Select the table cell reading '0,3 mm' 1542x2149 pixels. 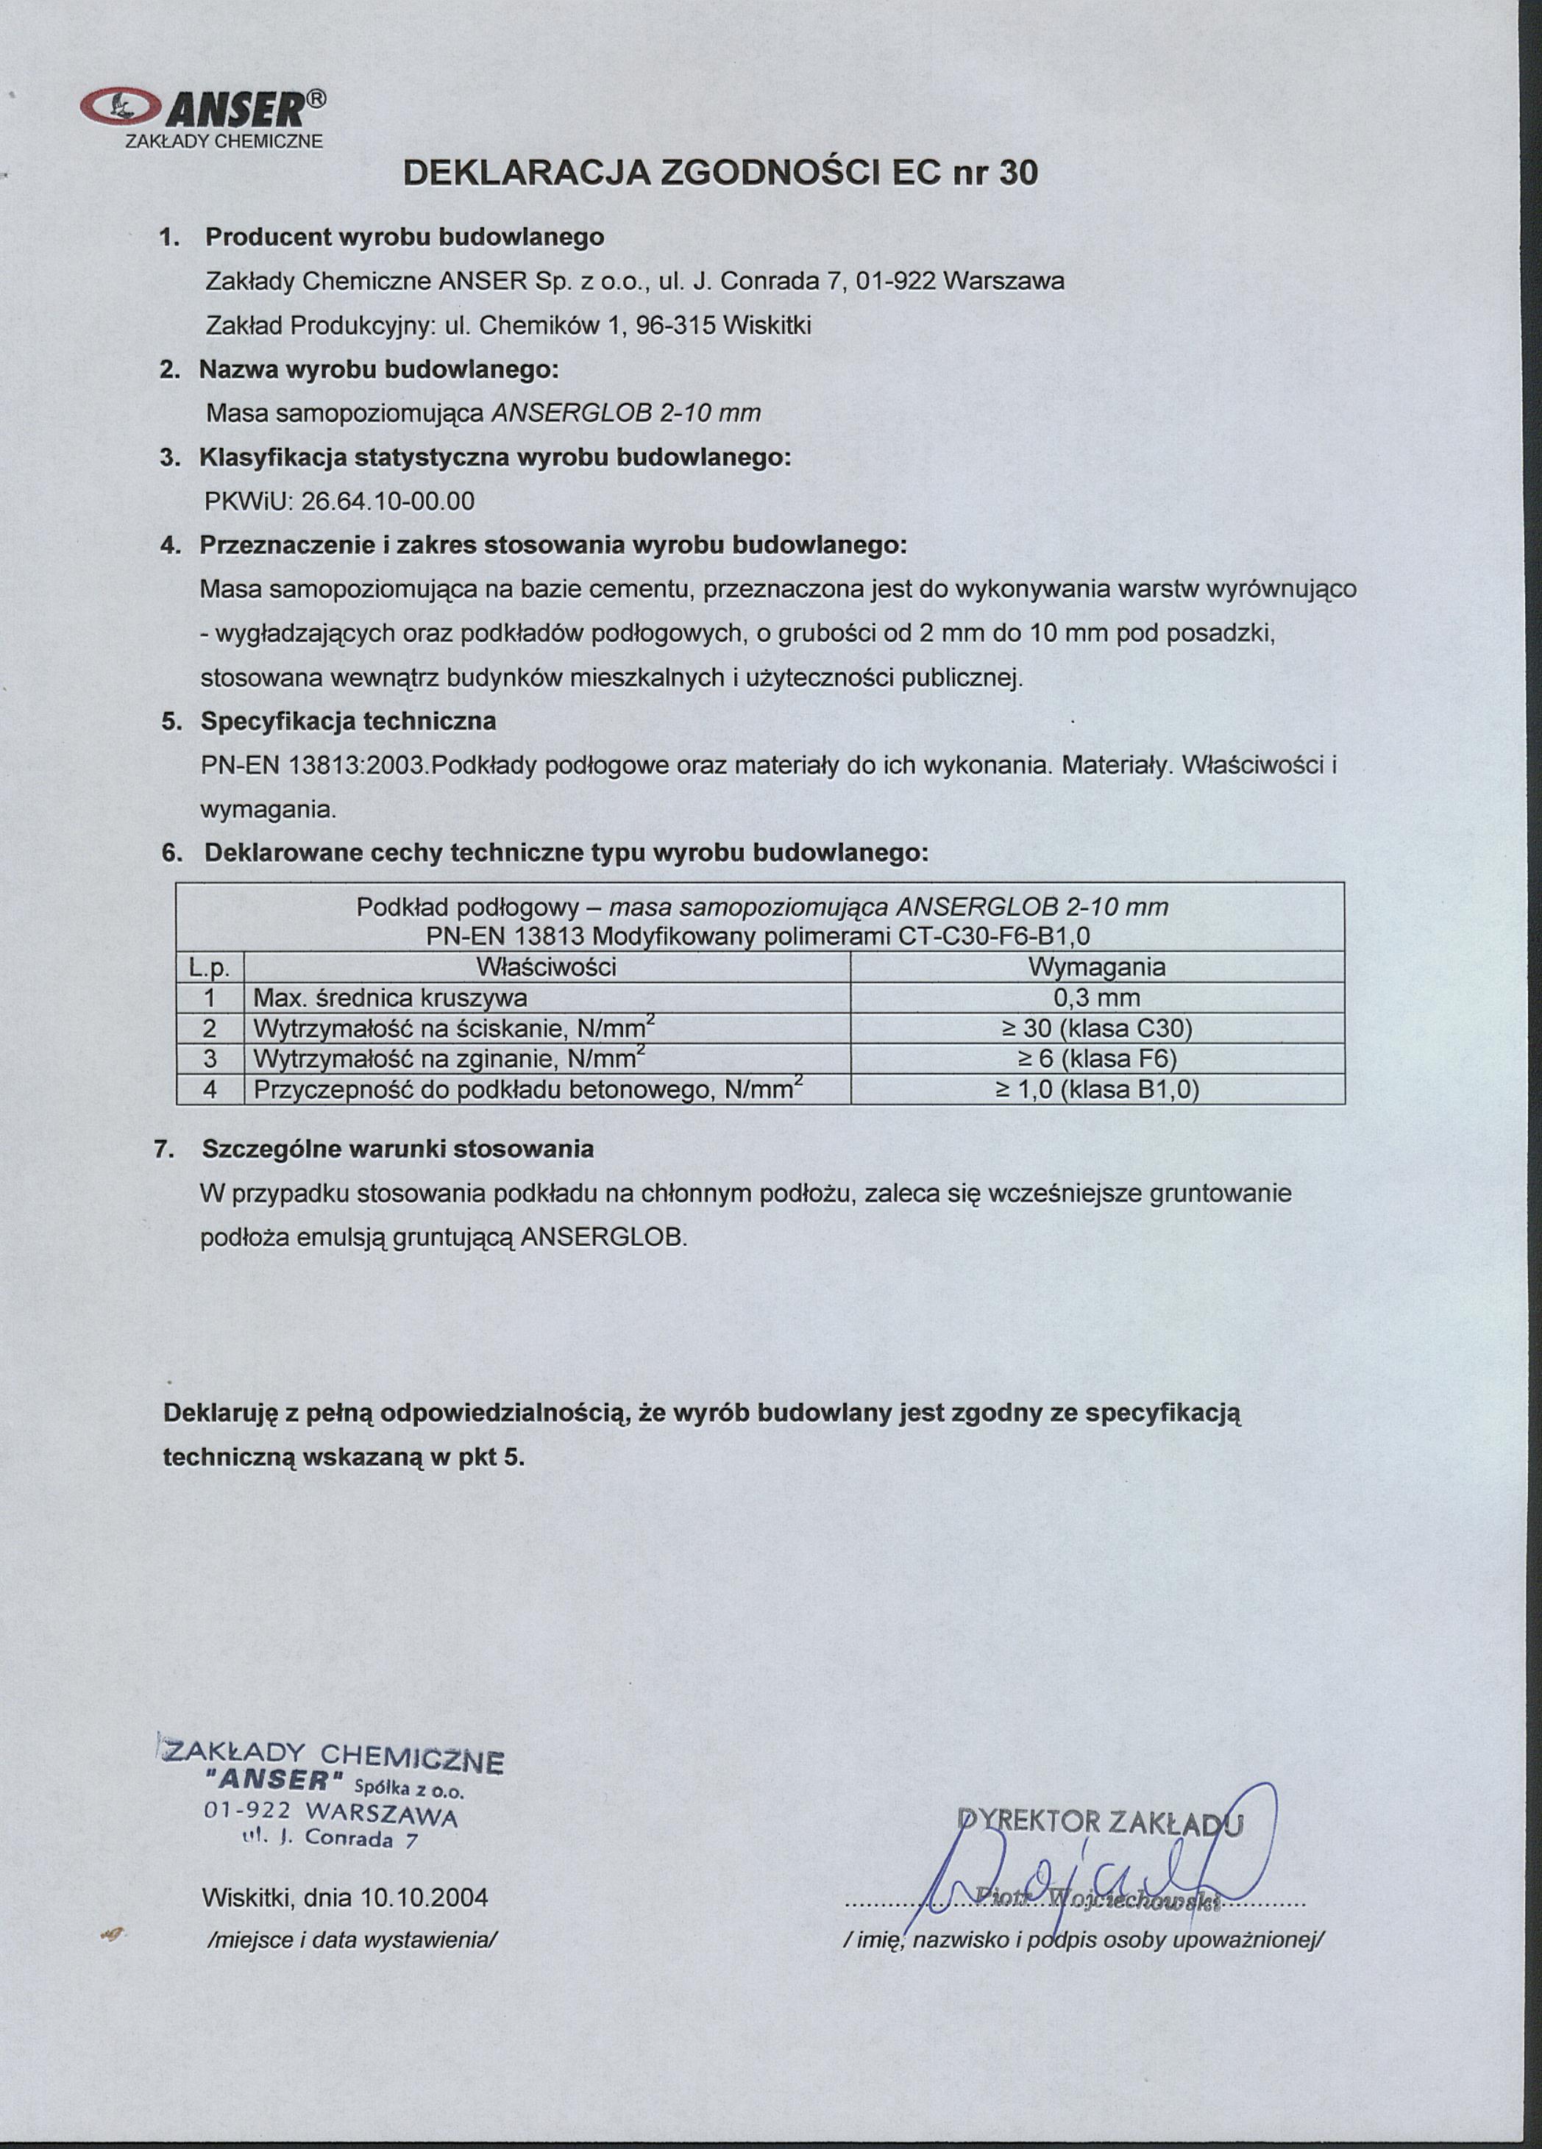click(1097, 998)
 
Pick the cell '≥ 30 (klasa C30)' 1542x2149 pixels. click(1097, 1029)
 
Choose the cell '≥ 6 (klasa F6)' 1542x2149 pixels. click(1097, 1059)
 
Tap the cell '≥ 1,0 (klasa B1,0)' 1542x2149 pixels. click(1097, 1091)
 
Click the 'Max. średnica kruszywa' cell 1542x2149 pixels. click(389, 999)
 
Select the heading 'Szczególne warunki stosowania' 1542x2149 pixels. click(398, 1150)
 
